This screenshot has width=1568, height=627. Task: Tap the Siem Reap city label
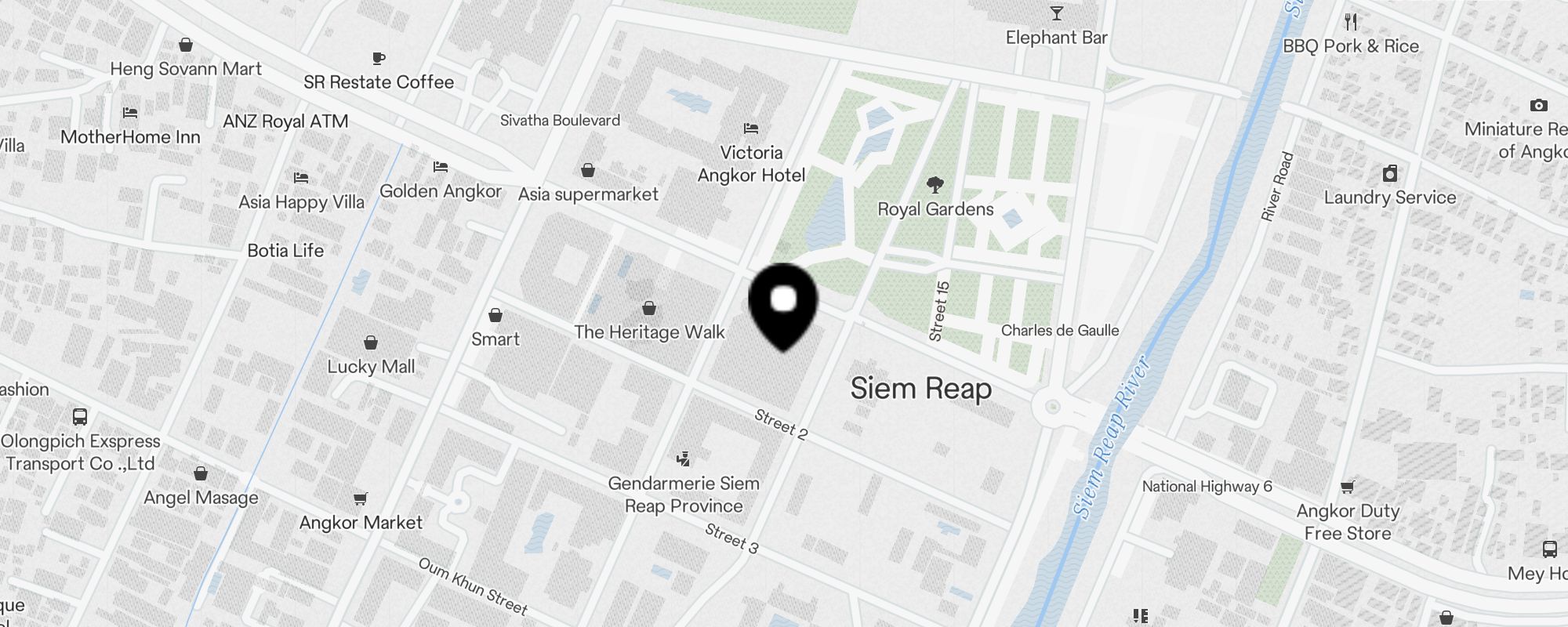coord(921,389)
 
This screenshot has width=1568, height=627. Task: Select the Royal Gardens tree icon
coord(935,185)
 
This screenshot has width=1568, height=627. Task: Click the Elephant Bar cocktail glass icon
coord(1057,13)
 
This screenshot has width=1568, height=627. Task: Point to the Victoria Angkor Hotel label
coord(751,164)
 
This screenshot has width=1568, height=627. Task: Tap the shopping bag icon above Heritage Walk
coord(649,308)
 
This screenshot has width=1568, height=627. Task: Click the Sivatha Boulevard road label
coord(560,121)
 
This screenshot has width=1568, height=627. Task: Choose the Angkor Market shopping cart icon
coord(361,498)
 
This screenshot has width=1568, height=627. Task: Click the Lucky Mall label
coord(371,367)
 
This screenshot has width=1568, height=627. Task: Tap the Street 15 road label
coord(938,311)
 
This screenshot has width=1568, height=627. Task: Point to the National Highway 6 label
coord(1207,487)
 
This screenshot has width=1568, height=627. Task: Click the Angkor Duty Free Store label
coord(1348,522)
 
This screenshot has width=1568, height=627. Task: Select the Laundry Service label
coord(1390,198)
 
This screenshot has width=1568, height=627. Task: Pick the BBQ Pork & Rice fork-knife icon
coord(1351,21)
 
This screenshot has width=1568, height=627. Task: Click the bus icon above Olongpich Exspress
coord(80,417)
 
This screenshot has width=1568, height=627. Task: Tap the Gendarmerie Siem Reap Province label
coord(684,495)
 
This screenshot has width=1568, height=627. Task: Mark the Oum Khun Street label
coord(473,586)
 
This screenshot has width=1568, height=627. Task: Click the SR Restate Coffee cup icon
coord(379,58)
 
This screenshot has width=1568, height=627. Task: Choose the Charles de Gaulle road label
coord(1060,331)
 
